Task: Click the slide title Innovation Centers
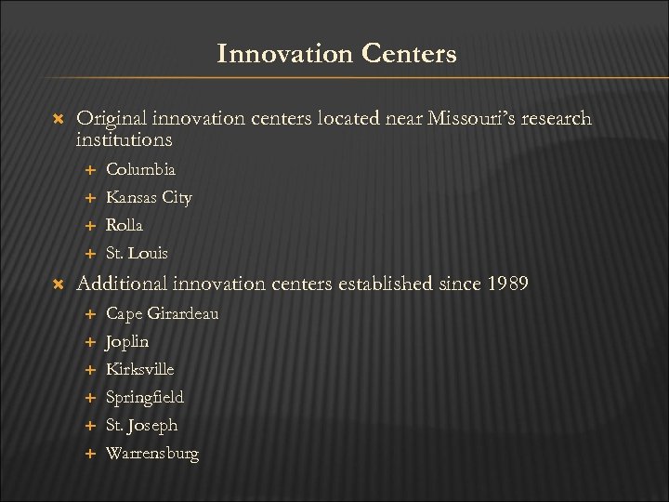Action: coord(336,54)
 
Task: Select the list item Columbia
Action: coord(140,170)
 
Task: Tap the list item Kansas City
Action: coord(150,198)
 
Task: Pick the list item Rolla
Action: coord(125,225)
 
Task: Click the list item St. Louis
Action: coord(138,253)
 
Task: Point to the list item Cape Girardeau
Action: coord(163,313)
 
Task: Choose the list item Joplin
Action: coord(128,341)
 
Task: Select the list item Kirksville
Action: coord(140,369)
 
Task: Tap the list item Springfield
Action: coord(145,397)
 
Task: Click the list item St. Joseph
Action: coord(141,425)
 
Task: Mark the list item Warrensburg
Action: coord(152,453)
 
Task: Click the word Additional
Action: coord(120,284)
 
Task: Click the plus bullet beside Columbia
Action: coord(91,171)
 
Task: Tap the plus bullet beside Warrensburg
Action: coord(91,454)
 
